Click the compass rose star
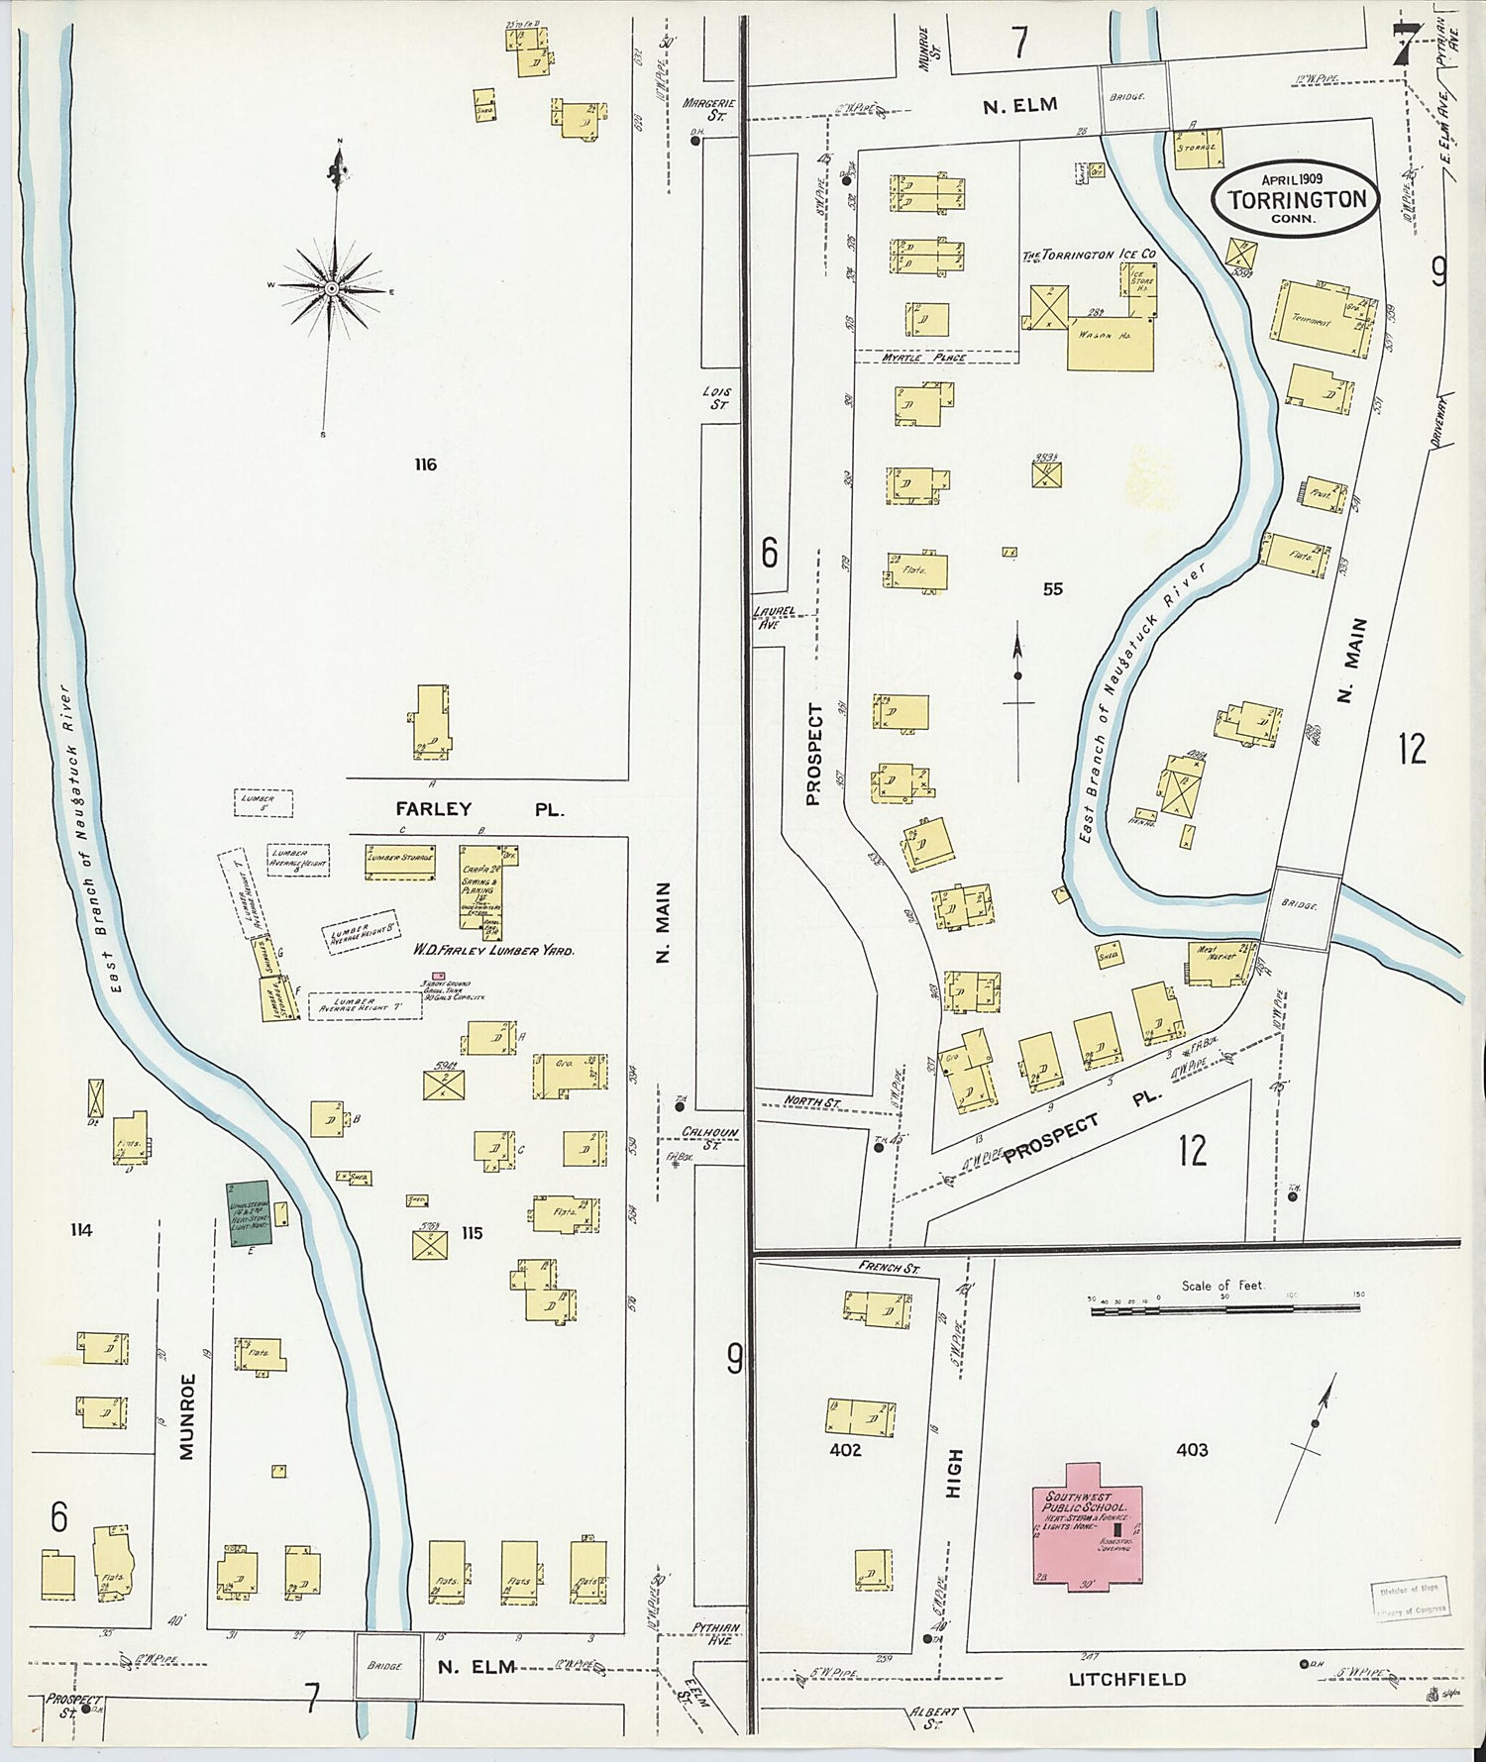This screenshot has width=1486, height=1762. pyautogui.click(x=333, y=288)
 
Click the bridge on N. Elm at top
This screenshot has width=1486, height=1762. pyautogui.click(x=1133, y=97)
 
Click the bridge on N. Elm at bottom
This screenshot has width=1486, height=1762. pyautogui.click(x=385, y=1666)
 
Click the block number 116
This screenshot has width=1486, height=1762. pyautogui.click(x=426, y=465)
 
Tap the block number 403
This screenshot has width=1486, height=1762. pyautogui.click(x=1192, y=1450)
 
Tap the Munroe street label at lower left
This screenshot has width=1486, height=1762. pyautogui.click(x=188, y=1416)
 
